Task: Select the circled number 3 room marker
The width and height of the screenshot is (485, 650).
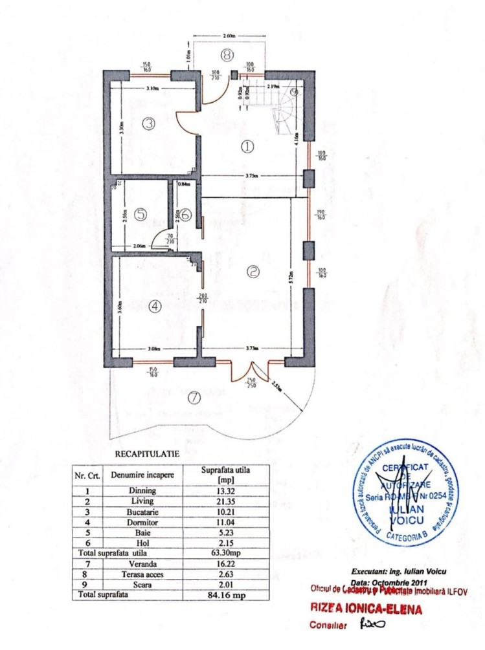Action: [x=148, y=123]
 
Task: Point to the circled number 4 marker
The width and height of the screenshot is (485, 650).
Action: [x=154, y=307]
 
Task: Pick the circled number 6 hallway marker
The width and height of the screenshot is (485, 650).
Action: [x=185, y=215]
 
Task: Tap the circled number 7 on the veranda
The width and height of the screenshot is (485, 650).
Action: [x=193, y=398]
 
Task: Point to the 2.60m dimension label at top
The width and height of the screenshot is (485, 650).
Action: [x=228, y=37]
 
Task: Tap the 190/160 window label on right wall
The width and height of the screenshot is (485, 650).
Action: [x=322, y=214]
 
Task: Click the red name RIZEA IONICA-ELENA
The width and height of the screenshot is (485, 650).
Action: [x=366, y=609]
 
